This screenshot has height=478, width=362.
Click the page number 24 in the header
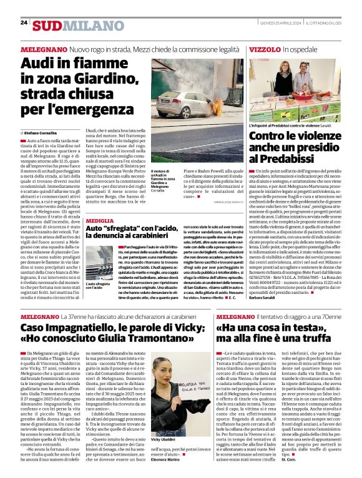point(24,22)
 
